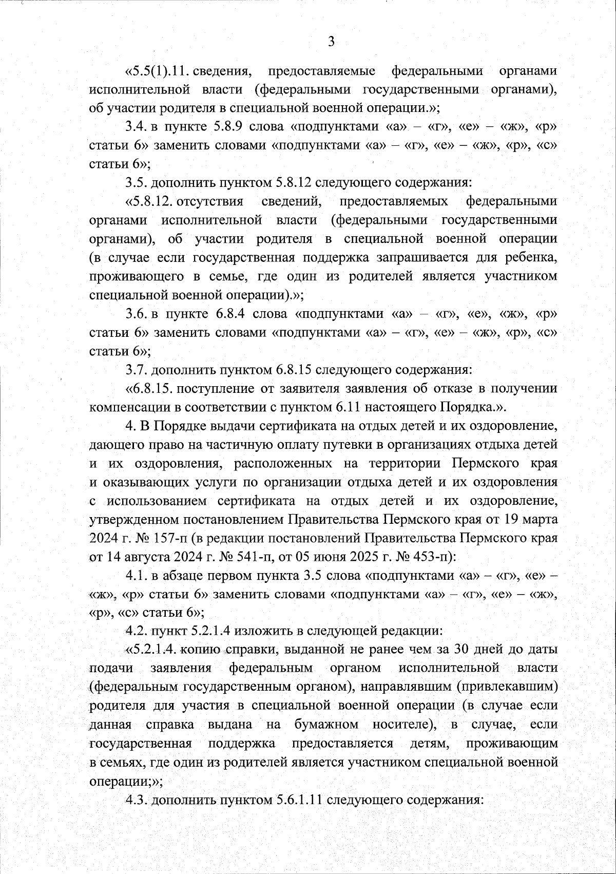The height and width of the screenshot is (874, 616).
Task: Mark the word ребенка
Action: click(532, 257)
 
